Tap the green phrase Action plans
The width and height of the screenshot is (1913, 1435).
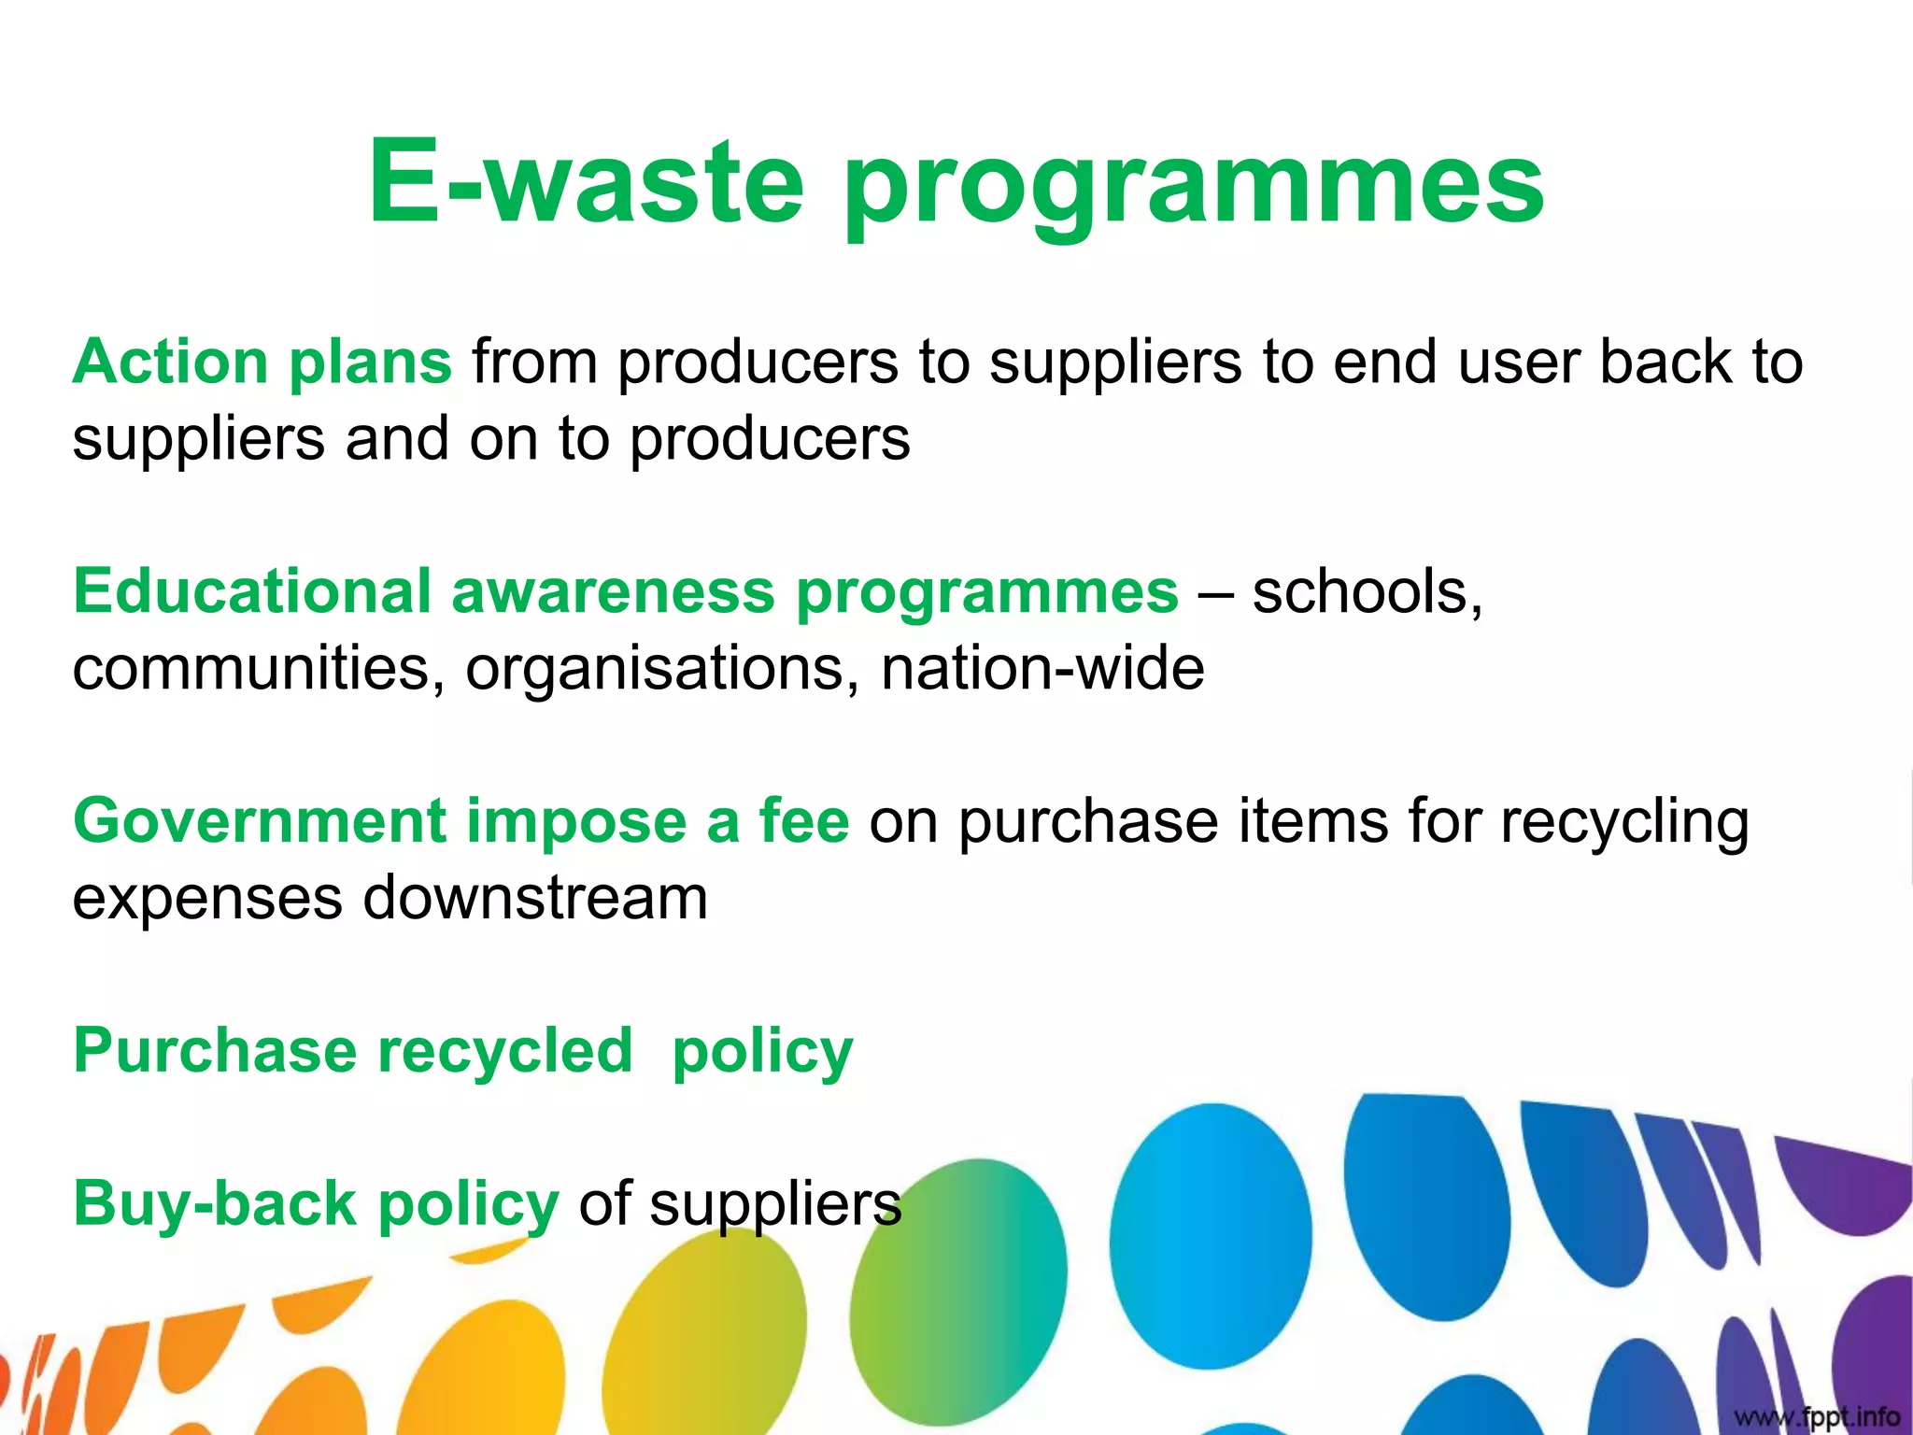click(262, 362)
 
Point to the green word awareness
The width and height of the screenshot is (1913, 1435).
click(613, 591)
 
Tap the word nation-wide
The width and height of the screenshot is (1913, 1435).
click(1042, 669)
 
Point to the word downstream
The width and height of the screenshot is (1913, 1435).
click(534, 899)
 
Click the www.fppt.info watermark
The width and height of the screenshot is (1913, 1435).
click(1817, 1416)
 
